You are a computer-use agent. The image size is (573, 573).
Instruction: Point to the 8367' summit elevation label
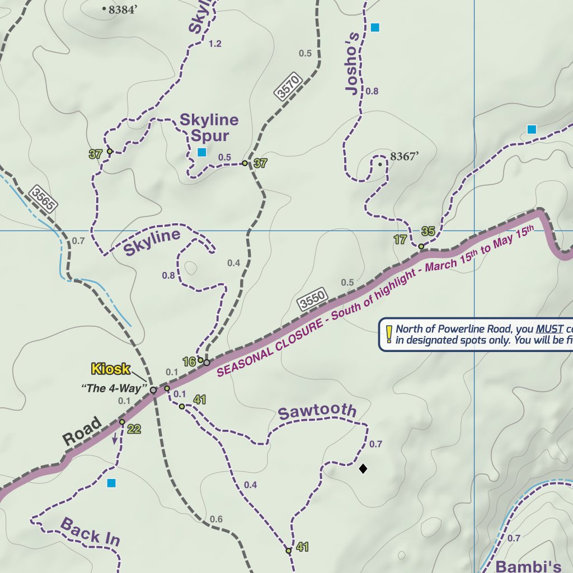point(405,157)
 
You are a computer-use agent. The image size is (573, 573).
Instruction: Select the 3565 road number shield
point(43,199)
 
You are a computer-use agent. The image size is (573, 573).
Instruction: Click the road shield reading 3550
point(312,300)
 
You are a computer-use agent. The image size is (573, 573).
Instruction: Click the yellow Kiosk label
point(110,369)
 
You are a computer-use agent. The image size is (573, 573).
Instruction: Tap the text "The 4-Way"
point(114,388)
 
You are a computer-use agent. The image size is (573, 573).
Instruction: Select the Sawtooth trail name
point(317,412)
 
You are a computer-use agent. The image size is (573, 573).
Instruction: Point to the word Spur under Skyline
point(210,136)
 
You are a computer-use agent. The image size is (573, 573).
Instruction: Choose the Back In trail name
point(90,532)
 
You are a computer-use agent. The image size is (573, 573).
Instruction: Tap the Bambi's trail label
point(528,565)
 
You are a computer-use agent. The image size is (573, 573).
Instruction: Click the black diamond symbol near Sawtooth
point(363,468)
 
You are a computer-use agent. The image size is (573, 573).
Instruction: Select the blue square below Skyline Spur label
point(202,152)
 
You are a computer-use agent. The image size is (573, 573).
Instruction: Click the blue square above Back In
point(111,483)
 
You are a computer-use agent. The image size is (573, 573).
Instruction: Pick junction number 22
point(134,429)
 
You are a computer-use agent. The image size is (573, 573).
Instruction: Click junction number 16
point(189,362)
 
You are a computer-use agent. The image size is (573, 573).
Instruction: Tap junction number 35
point(428,231)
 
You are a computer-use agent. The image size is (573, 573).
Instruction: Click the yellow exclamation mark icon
point(388,334)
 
